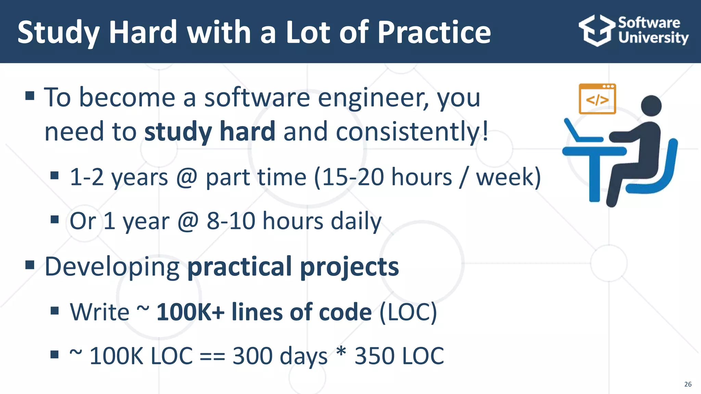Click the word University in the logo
653,38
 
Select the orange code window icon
597,99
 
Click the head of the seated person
651,106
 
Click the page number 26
688,384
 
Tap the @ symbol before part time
187,177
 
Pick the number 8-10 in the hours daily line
231,221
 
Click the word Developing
112,267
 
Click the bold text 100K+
190,312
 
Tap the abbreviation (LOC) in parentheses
408,312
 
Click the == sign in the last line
212,356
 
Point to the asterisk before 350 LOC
341,352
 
